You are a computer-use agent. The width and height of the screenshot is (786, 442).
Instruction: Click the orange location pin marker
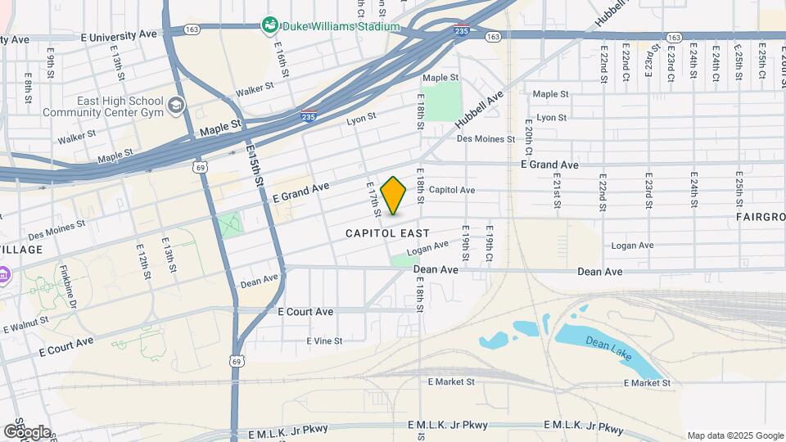[x=393, y=195]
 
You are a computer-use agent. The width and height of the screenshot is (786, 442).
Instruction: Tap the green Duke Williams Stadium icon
[x=269, y=26]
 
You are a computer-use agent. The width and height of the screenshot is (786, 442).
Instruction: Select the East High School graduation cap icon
[x=176, y=106]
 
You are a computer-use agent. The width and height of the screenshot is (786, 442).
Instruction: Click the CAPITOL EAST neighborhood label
[x=388, y=233]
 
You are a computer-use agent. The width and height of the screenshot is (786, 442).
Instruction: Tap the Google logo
[x=27, y=431]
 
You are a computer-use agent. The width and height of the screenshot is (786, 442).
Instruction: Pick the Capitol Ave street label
[x=451, y=190]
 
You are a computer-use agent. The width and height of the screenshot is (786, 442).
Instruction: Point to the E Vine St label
[x=324, y=341]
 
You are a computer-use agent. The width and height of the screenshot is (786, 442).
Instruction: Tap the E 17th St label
[x=373, y=200]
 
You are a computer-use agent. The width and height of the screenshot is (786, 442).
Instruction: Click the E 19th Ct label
[x=490, y=243]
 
